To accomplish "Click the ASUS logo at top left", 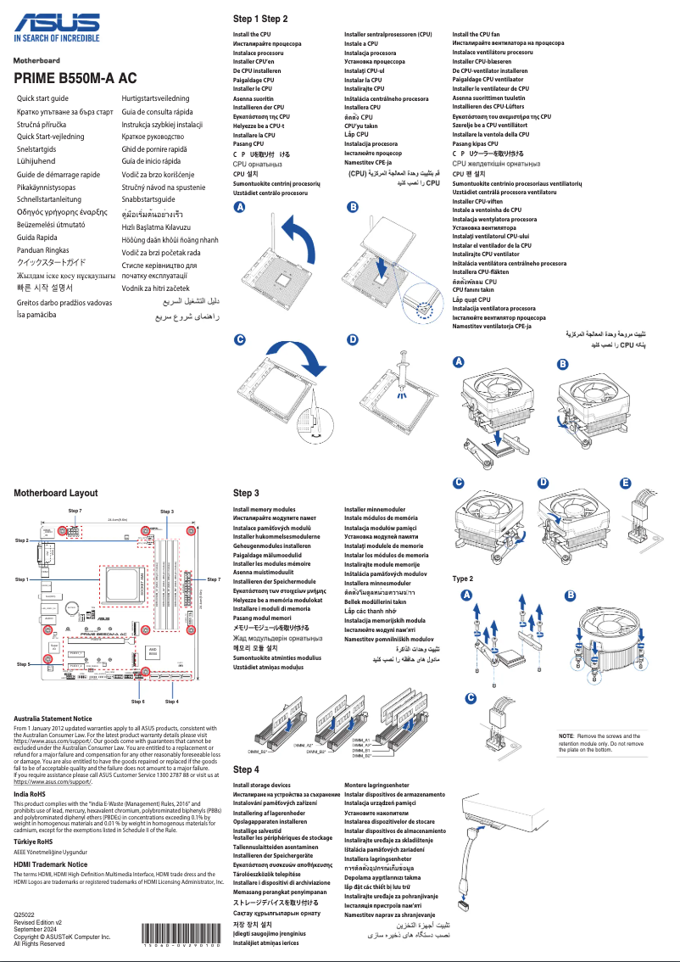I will pyautogui.click(x=56, y=20).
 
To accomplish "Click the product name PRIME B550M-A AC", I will pyautogui.click(x=75, y=79).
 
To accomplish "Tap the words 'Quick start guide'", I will pyautogui.click(x=42, y=98).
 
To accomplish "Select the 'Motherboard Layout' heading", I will pyautogui.click(x=55, y=493).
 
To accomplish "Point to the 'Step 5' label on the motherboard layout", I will pyautogui.click(x=23, y=664).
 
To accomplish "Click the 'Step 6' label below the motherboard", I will pyautogui.click(x=137, y=702).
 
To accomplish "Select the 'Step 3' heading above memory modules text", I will pyautogui.click(x=246, y=493).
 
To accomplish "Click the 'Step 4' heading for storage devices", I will pyautogui.click(x=246, y=769).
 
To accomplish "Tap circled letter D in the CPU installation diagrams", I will pyautogui.click(x=353, y=340).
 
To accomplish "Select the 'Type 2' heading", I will pyautogui.click(x=463, y=579).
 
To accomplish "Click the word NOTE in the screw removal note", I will pyautogui.click(x=566, y=735).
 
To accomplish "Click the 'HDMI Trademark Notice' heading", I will pyautogui.click(x=51, y=864).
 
